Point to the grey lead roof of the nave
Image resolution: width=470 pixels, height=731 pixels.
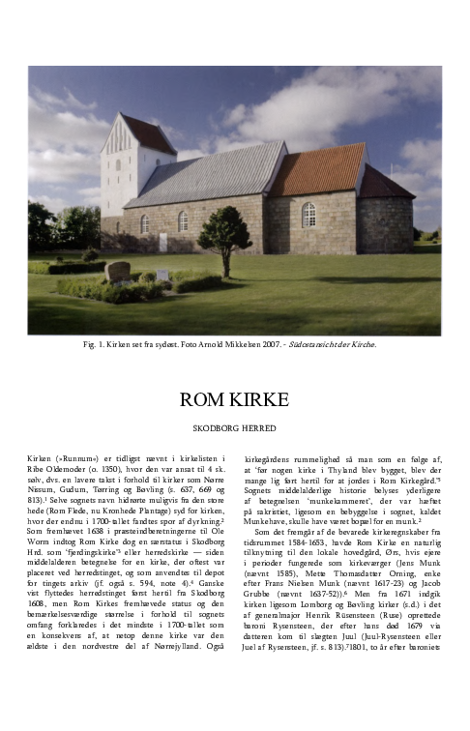pos(219,174)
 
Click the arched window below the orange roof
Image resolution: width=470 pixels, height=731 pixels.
pos(308,215)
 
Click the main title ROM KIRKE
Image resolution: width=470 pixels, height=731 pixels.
pos(234,401)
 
